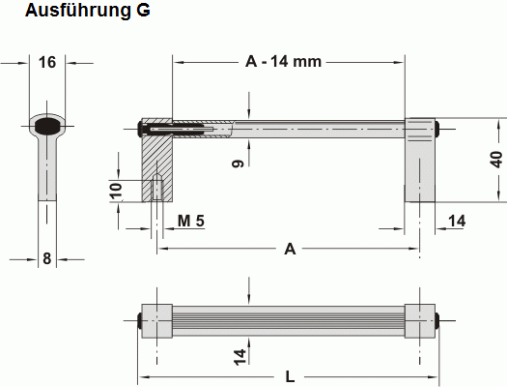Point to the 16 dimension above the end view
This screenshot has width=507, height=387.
coord(46,63)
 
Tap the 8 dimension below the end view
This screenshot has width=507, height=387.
coord(46,258)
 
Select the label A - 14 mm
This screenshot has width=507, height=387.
coord(283,63)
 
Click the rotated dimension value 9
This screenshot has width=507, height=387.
coord(237,165)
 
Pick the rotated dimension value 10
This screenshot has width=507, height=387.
coord(116,191)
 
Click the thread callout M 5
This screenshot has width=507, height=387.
coord(191,222)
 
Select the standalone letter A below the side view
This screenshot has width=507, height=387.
coord(289,250)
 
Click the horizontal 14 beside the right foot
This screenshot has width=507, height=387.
coord(457,222)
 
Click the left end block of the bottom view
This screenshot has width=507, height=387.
coord(156,320)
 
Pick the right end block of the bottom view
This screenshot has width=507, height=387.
coord(420,320)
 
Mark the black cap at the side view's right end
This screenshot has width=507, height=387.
coord(438,127)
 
